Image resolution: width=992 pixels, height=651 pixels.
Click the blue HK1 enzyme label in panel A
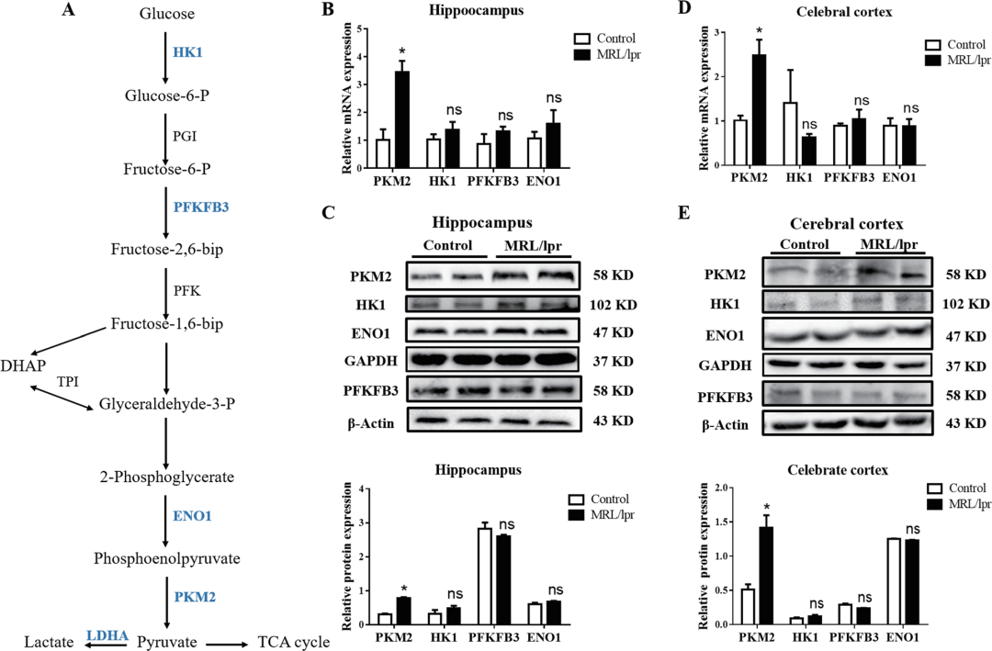(187, 52)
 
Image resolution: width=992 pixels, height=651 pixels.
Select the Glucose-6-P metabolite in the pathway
(165, 95)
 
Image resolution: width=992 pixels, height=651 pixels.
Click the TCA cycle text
(294, 642)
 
